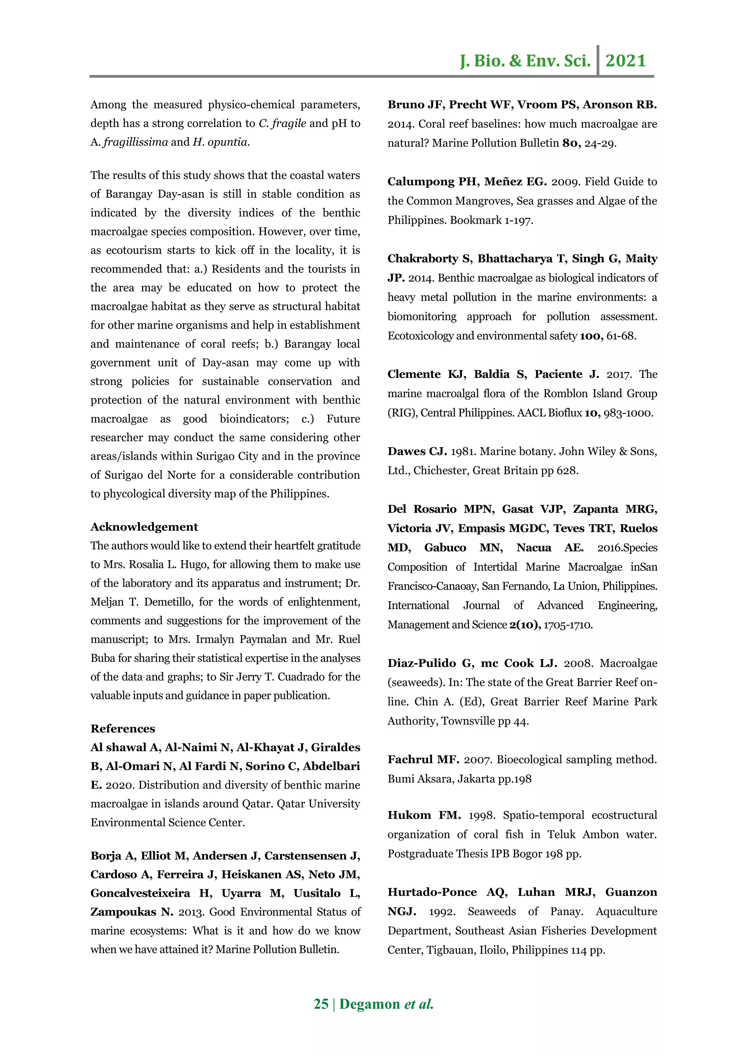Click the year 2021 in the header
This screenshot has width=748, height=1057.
[x=626, y=61]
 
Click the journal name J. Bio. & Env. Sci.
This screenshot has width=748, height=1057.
[x=525, y=61]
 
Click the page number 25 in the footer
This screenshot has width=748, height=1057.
[x=321, y=1004]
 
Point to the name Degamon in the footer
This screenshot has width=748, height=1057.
[x=370, y=1004]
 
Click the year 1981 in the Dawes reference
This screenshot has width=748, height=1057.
[x=463, y=451]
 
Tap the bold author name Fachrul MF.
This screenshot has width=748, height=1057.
[x=423, y=760]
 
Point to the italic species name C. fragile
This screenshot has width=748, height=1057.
[x=282, y=123]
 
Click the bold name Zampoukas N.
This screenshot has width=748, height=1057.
[x=131, y=912]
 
